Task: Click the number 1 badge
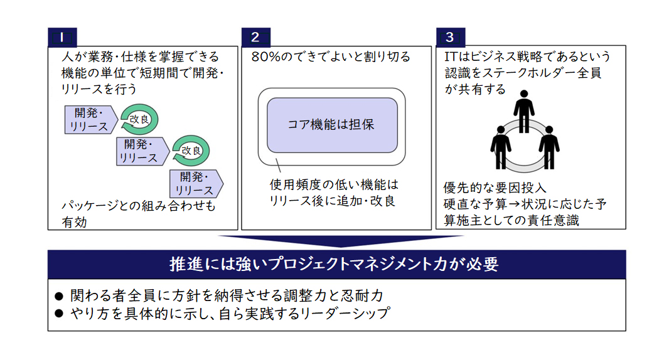click(x=62, y=37)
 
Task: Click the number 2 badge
click(x=256, y=37)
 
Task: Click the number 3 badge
click(x=451, y=37)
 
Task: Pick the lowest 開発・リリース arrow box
click(x=196, y=184)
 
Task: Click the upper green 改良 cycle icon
click(x=139, y=119)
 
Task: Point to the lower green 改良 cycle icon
click(x=191, y=151)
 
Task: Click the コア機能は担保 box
click(x=332, y=125)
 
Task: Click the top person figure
click(x=524, y=112)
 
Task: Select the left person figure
click(x=501, y=147)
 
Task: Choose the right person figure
click(x=549, y=147)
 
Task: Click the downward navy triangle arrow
click(x=341, y=240)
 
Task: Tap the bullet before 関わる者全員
click(x=59, y=295)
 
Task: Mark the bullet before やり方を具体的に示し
click(x=59, y=314)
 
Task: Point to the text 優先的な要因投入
click(x=495, y=188)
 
